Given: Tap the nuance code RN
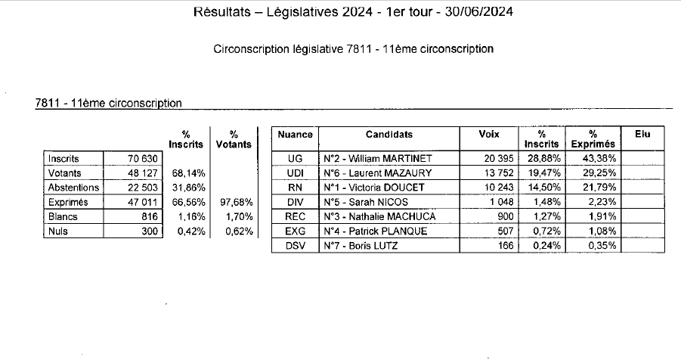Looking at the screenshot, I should tap(295, 188).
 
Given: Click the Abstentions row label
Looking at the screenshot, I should tap(73, 188).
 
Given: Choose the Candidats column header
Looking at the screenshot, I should tap(389, 135).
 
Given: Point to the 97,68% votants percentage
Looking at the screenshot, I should tap(235, 203).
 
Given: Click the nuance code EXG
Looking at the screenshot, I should tap(295, 231).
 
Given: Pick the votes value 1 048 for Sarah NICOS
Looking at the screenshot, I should tap(502, 203).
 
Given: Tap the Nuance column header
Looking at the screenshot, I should tap(295, 135).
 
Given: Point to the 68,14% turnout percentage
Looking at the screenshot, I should tap(187, 173).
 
